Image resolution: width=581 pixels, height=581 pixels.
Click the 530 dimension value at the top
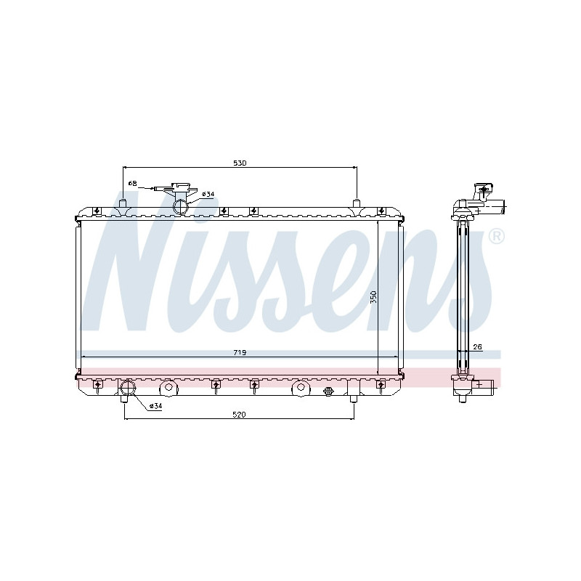point(240,163)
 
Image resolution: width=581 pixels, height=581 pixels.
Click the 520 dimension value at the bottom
point(240,415)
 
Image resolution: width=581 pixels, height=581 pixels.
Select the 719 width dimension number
point(240,353)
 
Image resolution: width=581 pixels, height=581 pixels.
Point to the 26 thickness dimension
point(476,347)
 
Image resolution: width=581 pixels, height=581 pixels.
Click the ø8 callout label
point(133,184)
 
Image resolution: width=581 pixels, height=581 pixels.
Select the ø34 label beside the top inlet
point(208,195)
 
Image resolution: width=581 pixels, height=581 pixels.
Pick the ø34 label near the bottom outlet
point(155,407)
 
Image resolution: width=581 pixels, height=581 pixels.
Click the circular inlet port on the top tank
point(181,208)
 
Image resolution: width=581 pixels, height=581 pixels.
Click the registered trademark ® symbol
point(497,237)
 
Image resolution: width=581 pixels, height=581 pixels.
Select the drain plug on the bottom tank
point(328,392)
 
